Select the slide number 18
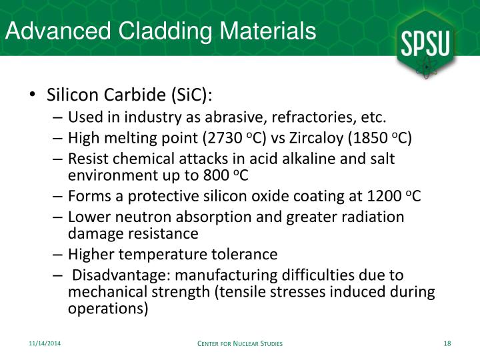pos(447,343)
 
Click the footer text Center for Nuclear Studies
pos(240,343)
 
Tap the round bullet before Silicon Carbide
pos(33,95)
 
